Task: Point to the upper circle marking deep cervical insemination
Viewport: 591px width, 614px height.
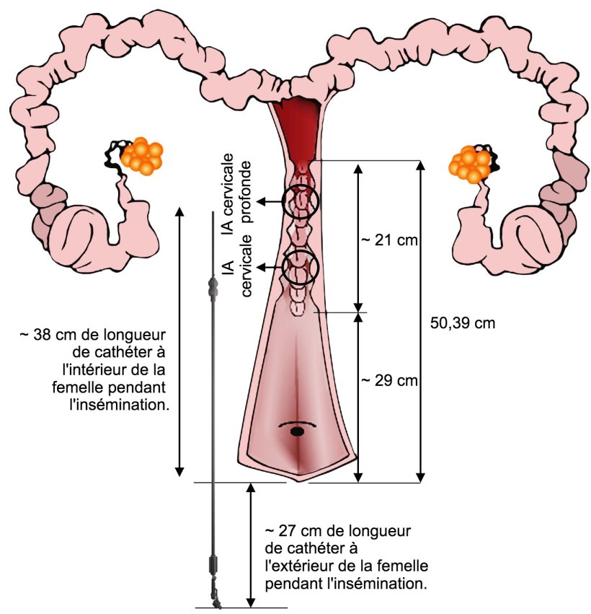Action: click(x=300, y=202)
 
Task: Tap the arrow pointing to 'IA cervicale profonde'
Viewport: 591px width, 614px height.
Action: click(x=271, y=203)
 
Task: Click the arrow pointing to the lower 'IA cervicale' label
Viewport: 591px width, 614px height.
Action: click(x=271, y=268)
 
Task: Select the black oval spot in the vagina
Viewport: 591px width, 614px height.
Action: click(x=296, y=431)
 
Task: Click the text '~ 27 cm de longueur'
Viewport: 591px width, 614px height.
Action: click(x=338, y=532)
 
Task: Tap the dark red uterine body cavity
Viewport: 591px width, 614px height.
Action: click(x=295, y=123)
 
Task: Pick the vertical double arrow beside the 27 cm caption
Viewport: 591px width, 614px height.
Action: click(x=250, y=545)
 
